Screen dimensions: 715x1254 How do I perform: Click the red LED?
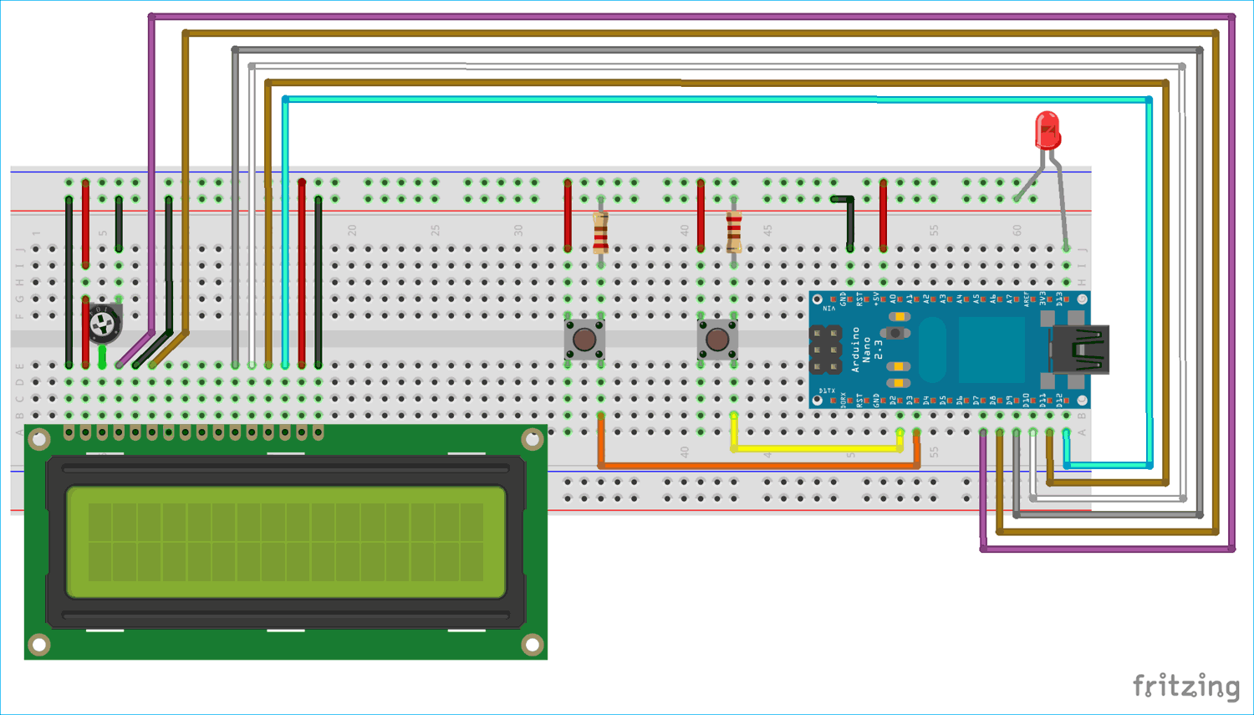coord(1047,130)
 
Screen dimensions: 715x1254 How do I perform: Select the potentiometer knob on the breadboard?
coord(104,323)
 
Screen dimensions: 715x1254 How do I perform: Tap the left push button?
coord(584,340)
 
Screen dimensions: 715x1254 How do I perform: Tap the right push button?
coord(717,340)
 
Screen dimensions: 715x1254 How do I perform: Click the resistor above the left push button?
coord(600,232)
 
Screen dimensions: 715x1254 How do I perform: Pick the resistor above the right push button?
coord(733,232)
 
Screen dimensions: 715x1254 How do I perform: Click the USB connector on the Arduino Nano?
coord(1081,349)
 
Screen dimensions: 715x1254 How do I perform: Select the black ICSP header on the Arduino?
coord(825,350)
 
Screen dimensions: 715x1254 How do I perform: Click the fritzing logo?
coord(1185,686)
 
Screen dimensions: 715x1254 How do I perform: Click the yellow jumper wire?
coord(815,448)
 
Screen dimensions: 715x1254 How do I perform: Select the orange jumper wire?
coord(752,465)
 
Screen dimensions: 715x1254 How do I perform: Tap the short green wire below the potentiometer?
coord(102,357)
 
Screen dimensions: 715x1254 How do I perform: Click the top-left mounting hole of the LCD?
coord(38,439)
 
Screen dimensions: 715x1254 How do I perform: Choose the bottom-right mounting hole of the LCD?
coord(532,644)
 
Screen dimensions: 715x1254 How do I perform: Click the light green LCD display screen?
coord(286,542)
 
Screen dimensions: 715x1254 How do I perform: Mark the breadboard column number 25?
coord(435,230)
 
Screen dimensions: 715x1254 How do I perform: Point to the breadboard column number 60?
coord(1017,230)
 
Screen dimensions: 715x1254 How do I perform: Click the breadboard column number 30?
coord(518,230)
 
